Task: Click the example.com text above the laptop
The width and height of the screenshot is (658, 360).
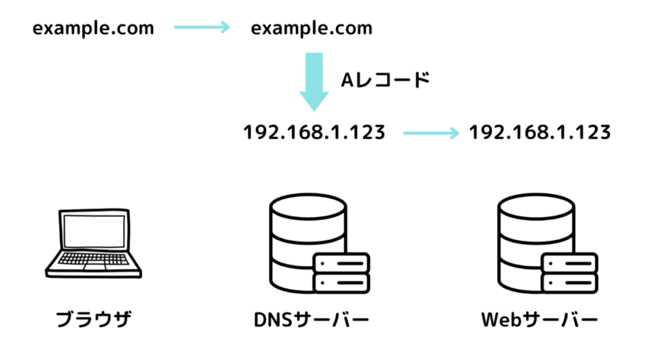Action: [93, 28]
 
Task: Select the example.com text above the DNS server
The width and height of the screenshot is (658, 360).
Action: [311, 28]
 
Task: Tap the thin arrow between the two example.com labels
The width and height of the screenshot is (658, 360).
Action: [202, 27]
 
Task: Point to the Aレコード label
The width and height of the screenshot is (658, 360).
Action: [384, 80]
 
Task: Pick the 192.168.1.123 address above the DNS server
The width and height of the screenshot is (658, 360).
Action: [314, 132]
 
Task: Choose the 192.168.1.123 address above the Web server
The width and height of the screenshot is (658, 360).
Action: [539, 132]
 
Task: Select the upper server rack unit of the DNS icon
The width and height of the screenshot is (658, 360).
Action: [341, 263]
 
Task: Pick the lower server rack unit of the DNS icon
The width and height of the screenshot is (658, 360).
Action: [341, 283]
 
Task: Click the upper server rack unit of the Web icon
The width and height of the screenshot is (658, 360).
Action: [569, 263]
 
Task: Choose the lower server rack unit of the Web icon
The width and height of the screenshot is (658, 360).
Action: [569, 283]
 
